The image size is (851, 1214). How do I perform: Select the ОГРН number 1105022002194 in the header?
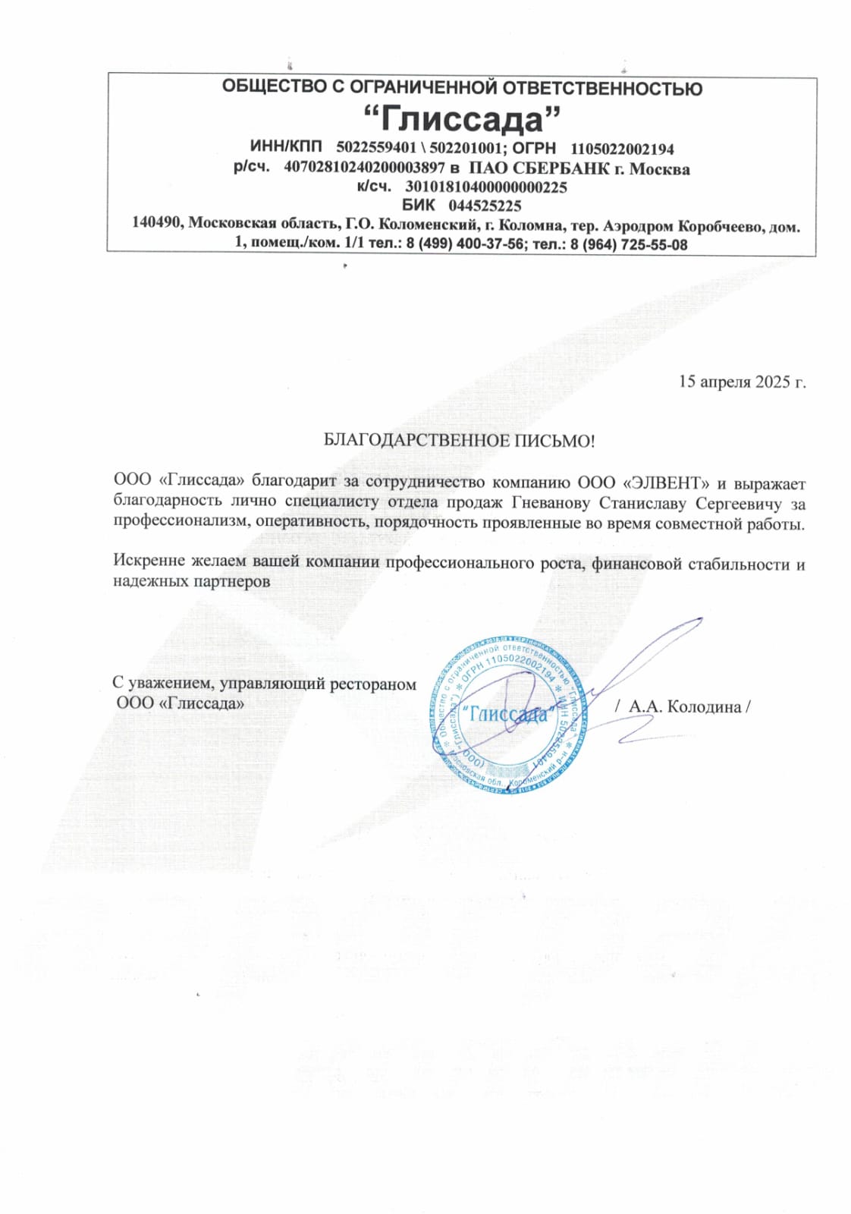click(622, 149)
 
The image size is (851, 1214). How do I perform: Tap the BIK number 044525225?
click(485, 205)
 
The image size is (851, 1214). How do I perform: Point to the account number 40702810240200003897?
click(364, 168)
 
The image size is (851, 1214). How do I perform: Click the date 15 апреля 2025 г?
click(741, 381)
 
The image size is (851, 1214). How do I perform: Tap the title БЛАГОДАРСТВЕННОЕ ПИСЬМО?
click(459, 440)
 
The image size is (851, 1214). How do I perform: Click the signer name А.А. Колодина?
click(684, 707)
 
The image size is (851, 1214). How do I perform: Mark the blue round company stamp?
click(507, 715)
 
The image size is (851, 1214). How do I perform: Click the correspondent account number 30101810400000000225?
click(485, 187)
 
